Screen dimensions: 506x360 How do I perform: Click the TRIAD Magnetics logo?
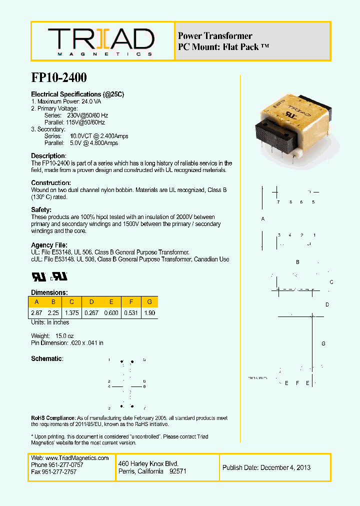pyautogui.click(x=100, y=41)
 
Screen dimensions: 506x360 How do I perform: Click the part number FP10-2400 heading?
pyautogui.click(x=59, y=77)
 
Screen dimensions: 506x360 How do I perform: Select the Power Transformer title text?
pyautogui.click(x=215, y=36)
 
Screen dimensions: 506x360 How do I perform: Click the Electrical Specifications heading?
pyautogui.click(x=77, y=94)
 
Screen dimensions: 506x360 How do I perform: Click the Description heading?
pyautogui.click(x=48, y=156)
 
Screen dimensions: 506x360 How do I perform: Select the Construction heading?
pyautogui.click(x=51, y=183)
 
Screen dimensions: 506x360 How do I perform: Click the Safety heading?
pyautogui.click(x=41, y=210)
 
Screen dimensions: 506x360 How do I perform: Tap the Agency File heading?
pyautogui.click(x=49, y=245)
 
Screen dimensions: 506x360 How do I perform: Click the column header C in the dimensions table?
pyautogui.click(x=72, y=301)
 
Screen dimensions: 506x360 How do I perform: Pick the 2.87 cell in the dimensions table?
pyautogui.click(x=36, y=312)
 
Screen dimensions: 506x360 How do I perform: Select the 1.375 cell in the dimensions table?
pyautogui.click(x=72, y=312)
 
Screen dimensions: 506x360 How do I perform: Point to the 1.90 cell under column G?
pyautogui.click(x=149, y=312)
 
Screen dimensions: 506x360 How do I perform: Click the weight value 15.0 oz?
pyautogui.click(x=64, y=336)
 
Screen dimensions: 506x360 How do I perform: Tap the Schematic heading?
pyautogui.click(x=47, y=358)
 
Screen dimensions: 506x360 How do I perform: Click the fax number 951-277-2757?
pyautogui.click(x=62, y=471)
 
